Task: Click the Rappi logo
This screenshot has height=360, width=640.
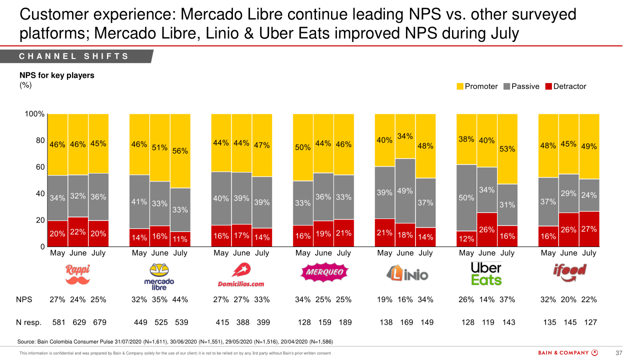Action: [78, 274]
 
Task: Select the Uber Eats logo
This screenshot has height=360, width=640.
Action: [486, 273]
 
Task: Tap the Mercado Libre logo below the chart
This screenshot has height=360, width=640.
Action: [159, 276]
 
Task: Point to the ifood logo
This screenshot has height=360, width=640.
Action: [569, 270]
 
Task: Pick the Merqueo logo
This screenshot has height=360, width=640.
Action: [323, 272]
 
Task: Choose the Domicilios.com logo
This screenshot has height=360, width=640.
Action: [241, 276]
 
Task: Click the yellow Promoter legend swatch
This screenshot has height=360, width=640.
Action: [460, 86]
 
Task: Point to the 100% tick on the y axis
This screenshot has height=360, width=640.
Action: [35, 114]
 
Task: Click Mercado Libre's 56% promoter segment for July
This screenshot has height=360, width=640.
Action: [180, 150]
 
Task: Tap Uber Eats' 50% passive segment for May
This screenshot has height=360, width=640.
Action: [466, 198]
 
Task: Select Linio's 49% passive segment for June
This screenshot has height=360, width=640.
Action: [405, 191]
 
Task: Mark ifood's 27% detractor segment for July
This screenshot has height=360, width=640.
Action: [589, 229]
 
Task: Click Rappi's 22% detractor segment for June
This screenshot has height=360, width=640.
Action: [78, 232]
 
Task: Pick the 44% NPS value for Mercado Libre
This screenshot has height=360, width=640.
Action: [180, 300]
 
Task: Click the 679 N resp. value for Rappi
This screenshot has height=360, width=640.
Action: [99, 322]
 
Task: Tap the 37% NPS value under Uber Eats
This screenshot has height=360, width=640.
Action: [507, 300]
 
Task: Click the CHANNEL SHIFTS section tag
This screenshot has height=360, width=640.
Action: [74, 56]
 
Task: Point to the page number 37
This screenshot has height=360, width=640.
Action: [618, 353]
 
